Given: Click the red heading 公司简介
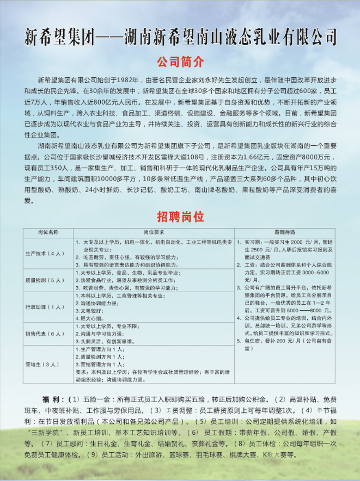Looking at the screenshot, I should (180, 60).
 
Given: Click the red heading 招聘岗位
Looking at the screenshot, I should (180, 217).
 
